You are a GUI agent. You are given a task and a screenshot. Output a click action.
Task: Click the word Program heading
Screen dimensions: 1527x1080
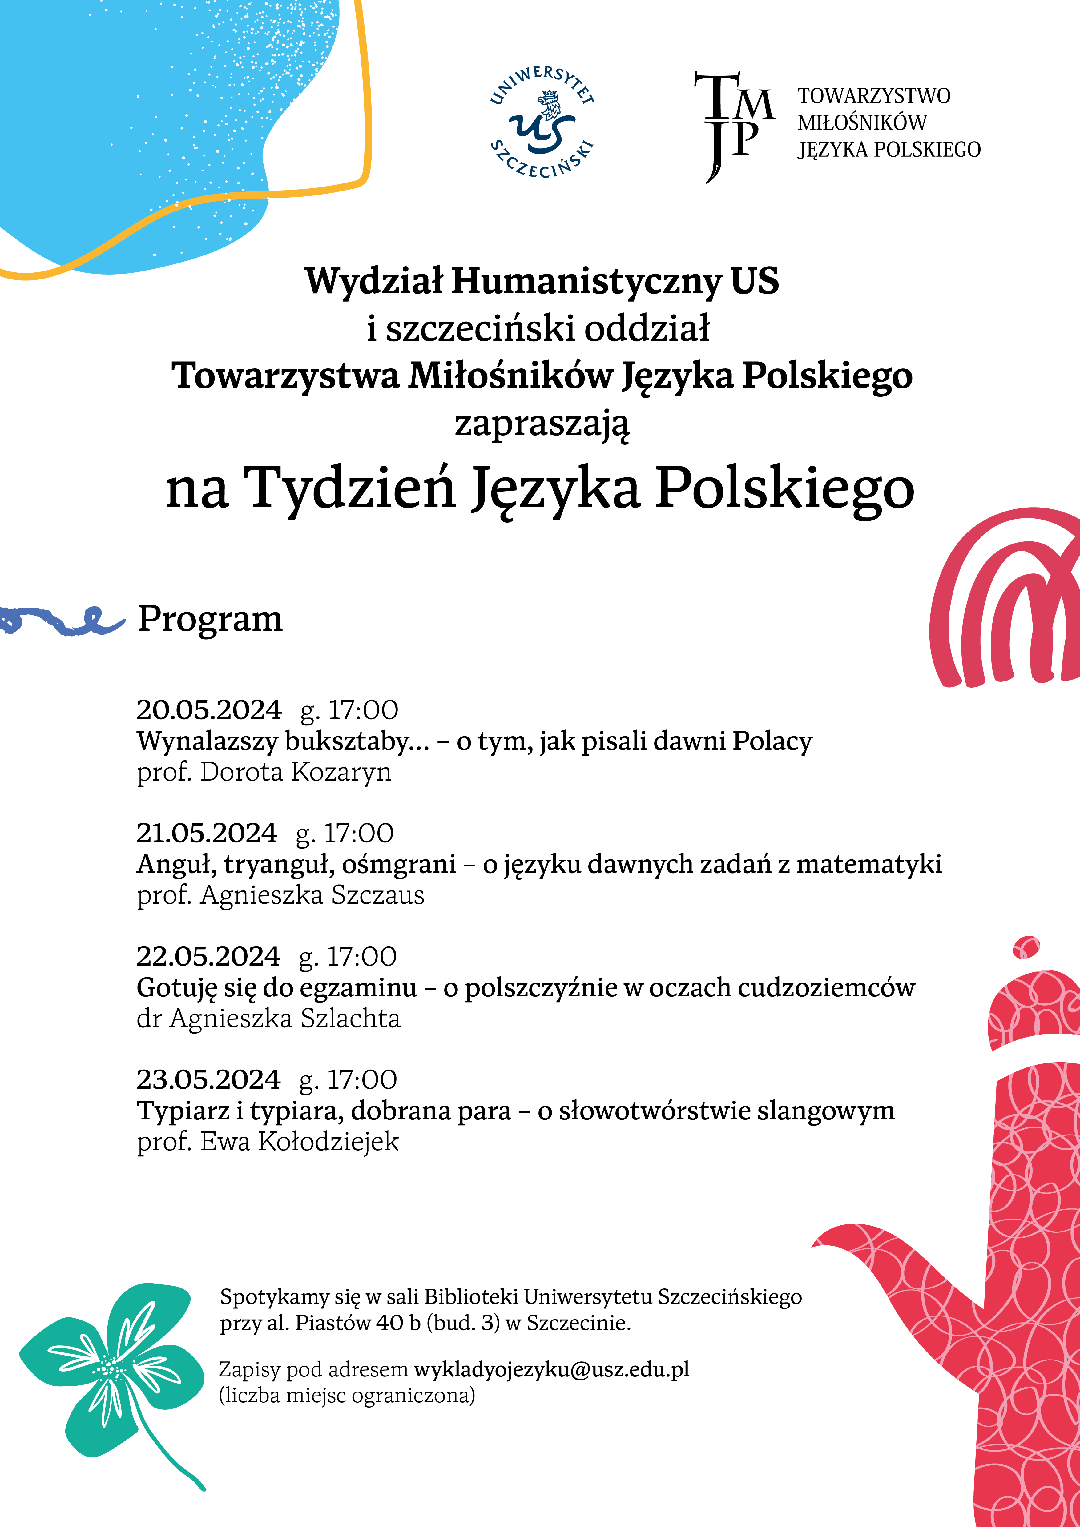(210, 619)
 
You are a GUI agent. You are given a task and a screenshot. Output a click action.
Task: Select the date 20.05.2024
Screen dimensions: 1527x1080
(209, 710)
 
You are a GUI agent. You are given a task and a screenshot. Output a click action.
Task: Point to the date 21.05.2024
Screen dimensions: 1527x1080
(206, 833)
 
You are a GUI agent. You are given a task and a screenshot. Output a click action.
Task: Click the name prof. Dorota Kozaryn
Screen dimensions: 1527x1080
(264, 772)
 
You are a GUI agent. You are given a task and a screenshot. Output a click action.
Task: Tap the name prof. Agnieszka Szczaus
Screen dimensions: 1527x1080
(280, 895)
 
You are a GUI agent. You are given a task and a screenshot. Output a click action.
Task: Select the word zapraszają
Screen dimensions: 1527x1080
(541, 424)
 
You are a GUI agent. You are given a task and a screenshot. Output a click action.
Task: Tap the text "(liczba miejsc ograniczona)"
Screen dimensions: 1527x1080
(347, 1395)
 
